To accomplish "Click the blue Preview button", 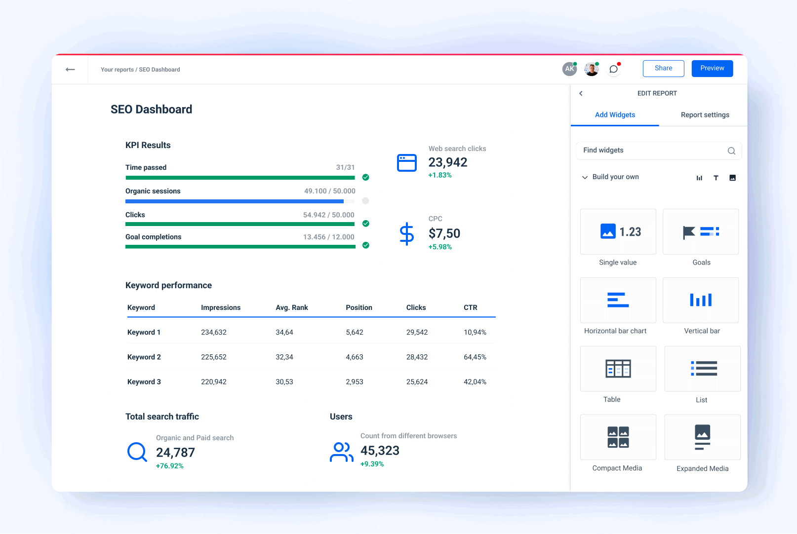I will pyautogui.click(x=712, y=69).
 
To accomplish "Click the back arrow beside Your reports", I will pyautogui.click(x=70, y=70).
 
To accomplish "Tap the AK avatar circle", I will pyautogui.click(x=569, y=69).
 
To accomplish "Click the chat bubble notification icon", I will pyautogui.click(x=613, y=69).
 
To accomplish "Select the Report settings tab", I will pyautogui.click(x=705, y=115).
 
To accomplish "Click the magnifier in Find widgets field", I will pyautogui.click(x=731, y=151).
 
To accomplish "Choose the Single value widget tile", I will pyautogui.click(x=618, y=232).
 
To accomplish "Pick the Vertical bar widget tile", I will pyautogui.click(x=700, y=300).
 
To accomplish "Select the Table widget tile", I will pyautogui.click(x=618, y=369).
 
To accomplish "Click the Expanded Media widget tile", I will pyautogui.click(x=702, y=437).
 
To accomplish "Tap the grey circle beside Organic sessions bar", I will pyautogui.click(x=365, y=201).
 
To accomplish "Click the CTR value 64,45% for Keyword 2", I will pyautogui.click(x=475, y=357).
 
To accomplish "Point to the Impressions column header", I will pyautogui.click(x=220, y=307).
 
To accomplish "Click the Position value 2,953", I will pyautogui.click(x=354, y=382).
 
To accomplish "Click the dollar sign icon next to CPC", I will pyautogui.click(x=406, y=234).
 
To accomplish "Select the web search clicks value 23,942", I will pyautogui.click(x=447, y=162).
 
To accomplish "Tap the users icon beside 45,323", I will pyautogui.click(x=341, y=452).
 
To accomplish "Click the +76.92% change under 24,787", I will pyautogui.click(x=169, y=466).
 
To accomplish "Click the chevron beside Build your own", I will pyautogui.click(x=585, y=177).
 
